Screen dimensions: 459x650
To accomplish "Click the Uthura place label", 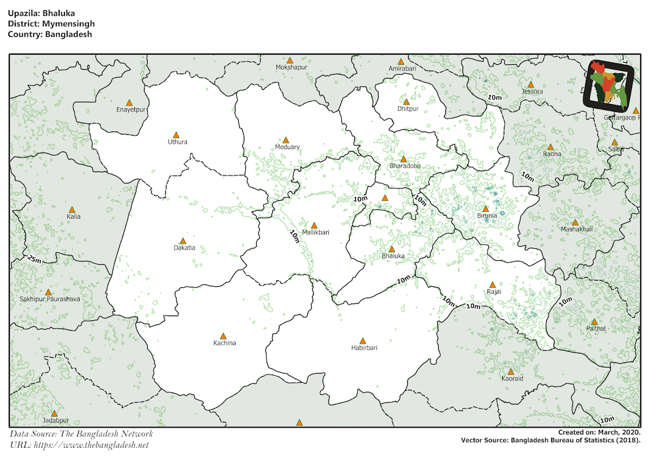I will [178, 142].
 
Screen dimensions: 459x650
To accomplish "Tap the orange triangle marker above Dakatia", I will [183, 241].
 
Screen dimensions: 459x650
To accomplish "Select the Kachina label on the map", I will [224, 343].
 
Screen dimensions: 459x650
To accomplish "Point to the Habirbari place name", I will [364, 347].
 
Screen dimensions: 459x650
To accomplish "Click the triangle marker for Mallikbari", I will [314, 225].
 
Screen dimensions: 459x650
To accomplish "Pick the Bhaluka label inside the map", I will [393, 255].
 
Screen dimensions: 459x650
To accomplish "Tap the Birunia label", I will [487, 216].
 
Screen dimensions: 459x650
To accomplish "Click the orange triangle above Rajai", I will [492, 285].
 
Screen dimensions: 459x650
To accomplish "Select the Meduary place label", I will [287, 147].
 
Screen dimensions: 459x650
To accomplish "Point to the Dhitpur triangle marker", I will [406, 102].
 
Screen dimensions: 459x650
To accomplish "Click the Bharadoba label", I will [405, 166].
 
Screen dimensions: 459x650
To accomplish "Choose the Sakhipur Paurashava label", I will [49, 299].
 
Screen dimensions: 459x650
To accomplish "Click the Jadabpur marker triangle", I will [54, 414].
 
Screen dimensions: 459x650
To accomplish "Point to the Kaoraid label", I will [512, 378].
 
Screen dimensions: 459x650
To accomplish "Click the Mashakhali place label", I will [577, 229].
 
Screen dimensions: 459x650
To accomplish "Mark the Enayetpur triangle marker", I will [129, 103].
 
